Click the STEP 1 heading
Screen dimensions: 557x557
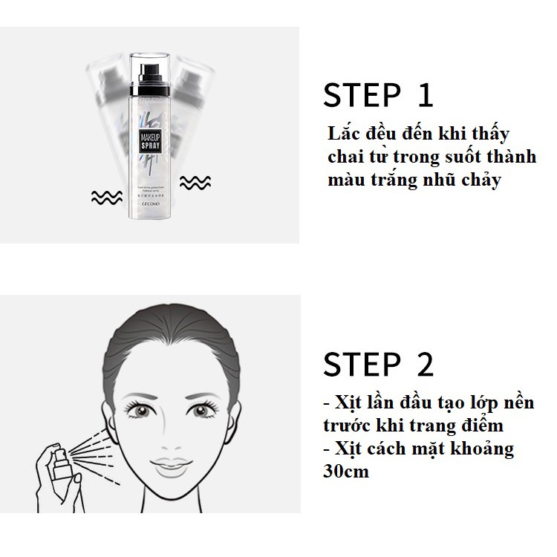(x=378, y=97)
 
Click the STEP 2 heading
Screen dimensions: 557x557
(x=379, y=364)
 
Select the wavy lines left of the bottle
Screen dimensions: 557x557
(x=105, y=197)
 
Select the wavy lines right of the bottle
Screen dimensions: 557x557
(x=195, y=182)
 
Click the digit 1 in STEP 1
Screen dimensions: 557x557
(x=424, y=97)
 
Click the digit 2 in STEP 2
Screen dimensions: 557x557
(x=424, y=364)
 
